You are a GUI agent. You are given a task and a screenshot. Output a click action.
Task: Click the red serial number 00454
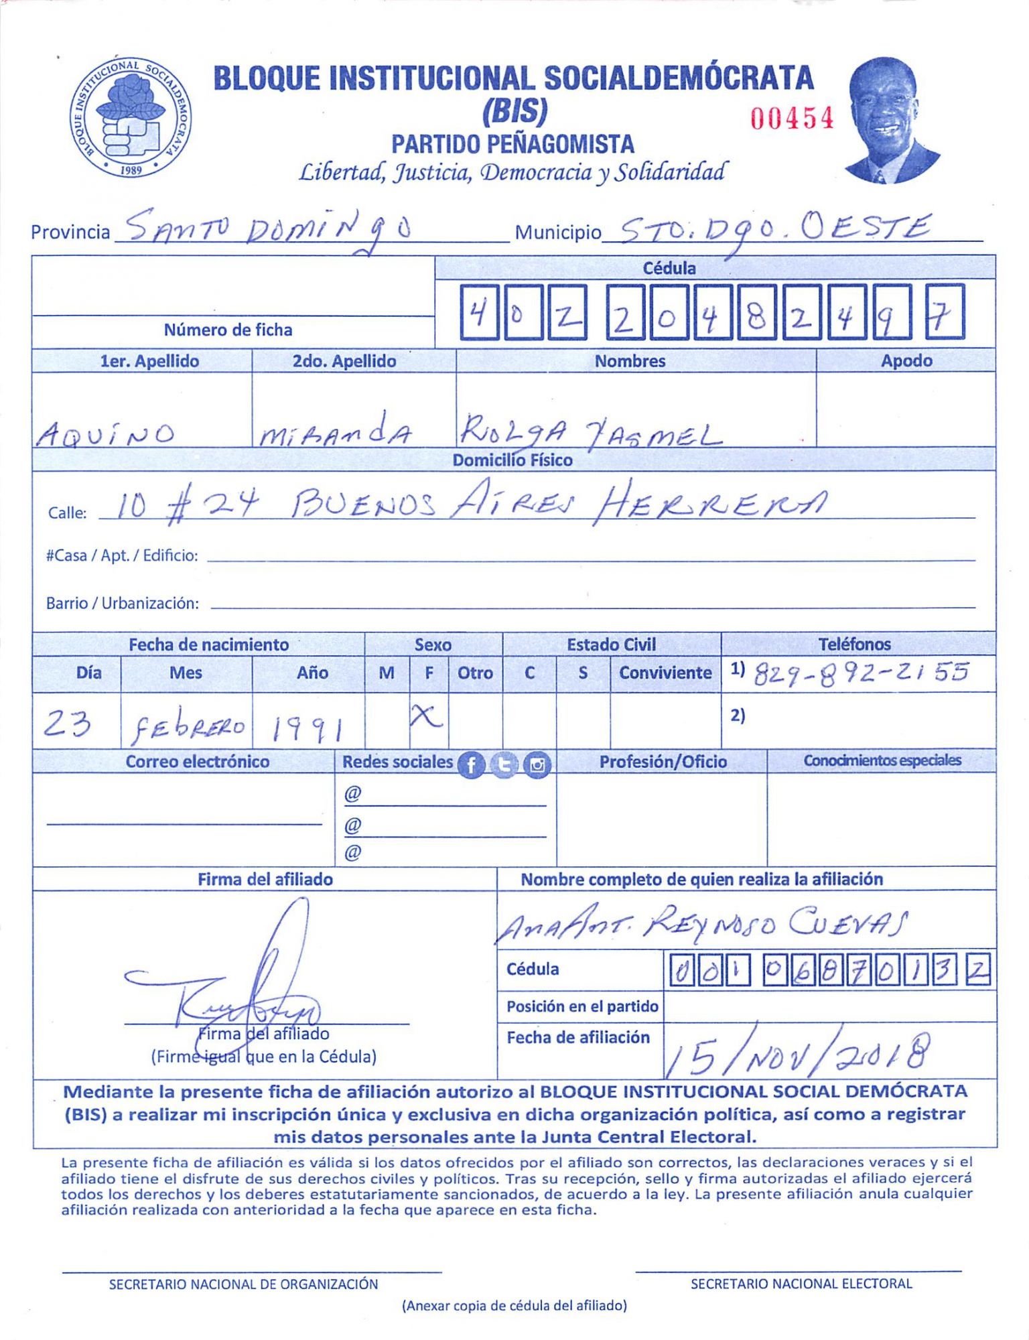click(792, 119)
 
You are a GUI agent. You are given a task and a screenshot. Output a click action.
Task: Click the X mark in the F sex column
click(427, 718)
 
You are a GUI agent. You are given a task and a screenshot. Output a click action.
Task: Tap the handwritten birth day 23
click(67, 724)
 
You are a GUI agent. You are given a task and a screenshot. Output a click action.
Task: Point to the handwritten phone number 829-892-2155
click(862, 673)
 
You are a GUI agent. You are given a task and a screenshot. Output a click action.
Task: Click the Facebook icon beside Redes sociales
click(471, 764)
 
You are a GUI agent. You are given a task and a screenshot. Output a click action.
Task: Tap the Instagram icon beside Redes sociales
click(537, 764)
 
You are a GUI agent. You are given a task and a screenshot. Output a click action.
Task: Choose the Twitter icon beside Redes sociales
click(504, 764)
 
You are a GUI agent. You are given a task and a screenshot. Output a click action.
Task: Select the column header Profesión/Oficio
click(663, 762)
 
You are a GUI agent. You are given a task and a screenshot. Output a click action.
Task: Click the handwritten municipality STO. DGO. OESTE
click(770, 231)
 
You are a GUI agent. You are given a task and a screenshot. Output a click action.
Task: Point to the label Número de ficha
click(228, 330)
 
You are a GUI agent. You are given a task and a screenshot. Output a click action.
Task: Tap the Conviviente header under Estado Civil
click(665, 673)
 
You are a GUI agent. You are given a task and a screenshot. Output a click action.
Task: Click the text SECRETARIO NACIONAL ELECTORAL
click(801, 1284)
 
